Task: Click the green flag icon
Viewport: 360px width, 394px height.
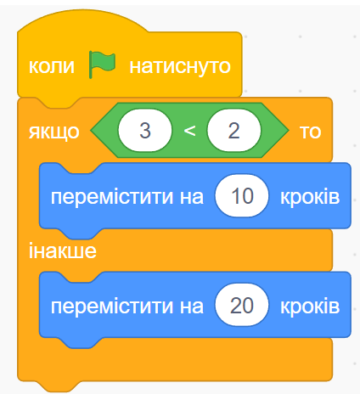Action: [102, 65]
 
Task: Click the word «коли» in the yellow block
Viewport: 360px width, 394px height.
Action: [52, 66]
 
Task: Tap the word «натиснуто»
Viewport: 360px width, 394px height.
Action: [180, 67]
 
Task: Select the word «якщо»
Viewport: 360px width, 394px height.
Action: [54, 132]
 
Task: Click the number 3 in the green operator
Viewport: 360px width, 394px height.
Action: [145, 131]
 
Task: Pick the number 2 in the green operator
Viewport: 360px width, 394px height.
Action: [233, 131]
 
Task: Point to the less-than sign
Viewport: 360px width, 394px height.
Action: [189, 131]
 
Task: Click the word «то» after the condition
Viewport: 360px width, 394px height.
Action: [311, 132]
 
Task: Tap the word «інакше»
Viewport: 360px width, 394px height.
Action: [63, 250]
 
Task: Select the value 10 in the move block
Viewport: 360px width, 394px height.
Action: [242, 196]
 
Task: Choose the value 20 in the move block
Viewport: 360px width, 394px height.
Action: [242, 306]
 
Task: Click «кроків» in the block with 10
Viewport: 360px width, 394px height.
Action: [310, 196]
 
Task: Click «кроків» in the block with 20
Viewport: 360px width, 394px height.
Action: [310, 306]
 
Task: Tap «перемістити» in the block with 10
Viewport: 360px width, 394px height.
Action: [112, 197]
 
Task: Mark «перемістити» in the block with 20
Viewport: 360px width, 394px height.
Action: [112, 307]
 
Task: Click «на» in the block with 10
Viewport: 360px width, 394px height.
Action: [192, 197]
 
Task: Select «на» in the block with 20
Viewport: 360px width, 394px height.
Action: [192, 307]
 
